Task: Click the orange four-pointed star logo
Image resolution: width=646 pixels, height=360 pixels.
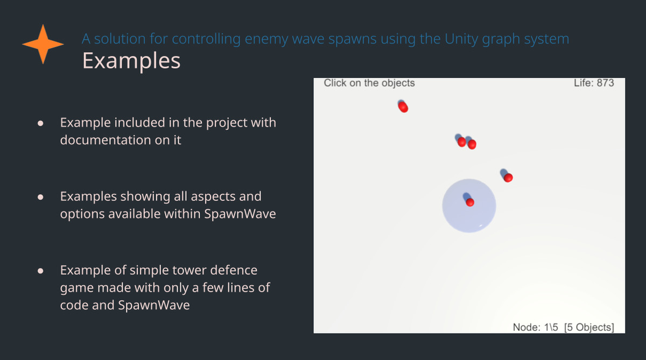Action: pyautogui.click(x=43, y=44)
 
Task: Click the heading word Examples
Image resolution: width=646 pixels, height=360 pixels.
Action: pyautogui.click(x=131, y=61)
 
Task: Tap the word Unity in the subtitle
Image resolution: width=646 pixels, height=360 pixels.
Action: pyautogui.click(x=461, y=39)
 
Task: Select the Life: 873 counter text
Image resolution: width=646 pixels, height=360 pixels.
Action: pyautogui.click(x=594, y=83)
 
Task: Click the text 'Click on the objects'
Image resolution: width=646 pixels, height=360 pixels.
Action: pyautogui.click(x=369, y=83)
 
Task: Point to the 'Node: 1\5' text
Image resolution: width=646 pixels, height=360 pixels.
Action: pyautogui.click(x=535, y=327)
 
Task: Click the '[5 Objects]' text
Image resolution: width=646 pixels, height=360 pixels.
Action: pyautogui.click(x=589, y=327)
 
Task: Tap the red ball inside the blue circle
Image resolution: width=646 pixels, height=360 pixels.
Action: pyautogui.click(x=470, y=202)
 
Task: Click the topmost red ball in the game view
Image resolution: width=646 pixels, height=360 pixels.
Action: pyautogui.click(x=403, y=107)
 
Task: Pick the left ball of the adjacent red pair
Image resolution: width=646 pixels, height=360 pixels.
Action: pyautogui.click(x=461, y=142)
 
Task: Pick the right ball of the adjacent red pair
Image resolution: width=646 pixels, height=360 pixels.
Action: pyautogui.click(x=472, y=144)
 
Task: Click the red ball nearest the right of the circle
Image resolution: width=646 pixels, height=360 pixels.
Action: pyautogui.click(x=508, y=178)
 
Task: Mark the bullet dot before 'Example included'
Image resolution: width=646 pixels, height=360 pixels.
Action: pyautogui.click(x=40, y=123)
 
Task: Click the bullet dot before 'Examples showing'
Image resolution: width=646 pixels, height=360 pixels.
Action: pyautogui.click(x=40, y=197)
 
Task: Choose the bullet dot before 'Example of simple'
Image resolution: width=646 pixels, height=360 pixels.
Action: pyautogui.click(x=40, y=271)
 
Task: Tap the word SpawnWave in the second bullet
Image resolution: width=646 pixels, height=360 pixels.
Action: pyautogui.click(x=240, y=214)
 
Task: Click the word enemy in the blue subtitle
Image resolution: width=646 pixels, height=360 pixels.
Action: pyautogui.click(x=266, y=39)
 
